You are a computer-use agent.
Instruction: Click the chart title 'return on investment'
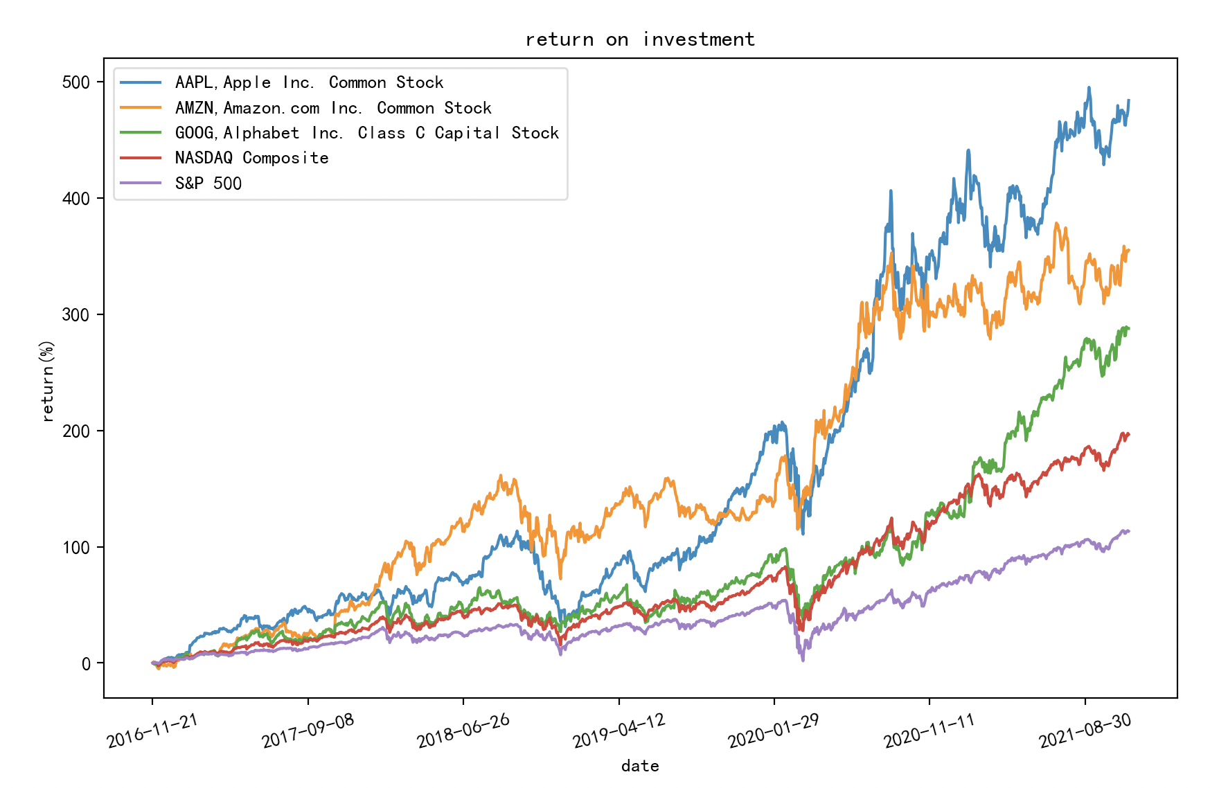point(639,39)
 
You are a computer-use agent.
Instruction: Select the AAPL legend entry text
point(309,82)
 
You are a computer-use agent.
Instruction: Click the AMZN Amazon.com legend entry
point(333,108)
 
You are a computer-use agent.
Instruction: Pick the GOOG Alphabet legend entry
point(366,133)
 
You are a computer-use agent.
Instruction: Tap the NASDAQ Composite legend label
point(251,158)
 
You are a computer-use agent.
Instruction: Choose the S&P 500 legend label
point(208,183)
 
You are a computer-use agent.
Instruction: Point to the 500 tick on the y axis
point(76,82)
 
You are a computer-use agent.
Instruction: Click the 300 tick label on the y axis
point(76,315)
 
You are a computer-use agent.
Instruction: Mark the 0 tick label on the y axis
point(86,664)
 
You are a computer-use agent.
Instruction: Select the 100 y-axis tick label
point(76,548)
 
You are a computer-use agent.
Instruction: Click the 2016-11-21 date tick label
point(152,731)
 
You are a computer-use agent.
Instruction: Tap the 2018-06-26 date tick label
point(463,731)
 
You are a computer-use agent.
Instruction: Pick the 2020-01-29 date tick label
point(773,731)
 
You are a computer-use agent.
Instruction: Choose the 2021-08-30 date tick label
point(1084,731)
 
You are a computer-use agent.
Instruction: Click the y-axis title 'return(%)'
point(47,380)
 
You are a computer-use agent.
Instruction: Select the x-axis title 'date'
point(639,766)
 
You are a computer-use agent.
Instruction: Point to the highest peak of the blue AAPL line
point(1089,88)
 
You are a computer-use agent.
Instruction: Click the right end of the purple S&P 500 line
point(1129,531)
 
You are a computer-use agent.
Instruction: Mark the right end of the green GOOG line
point(1129,328)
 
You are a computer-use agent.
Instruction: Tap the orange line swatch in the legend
point(141,108)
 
